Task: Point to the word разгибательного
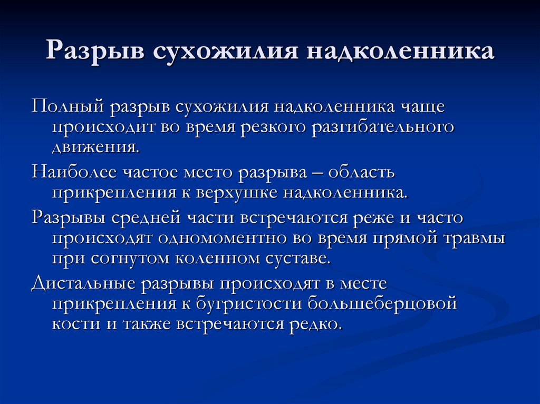tap(382, 127)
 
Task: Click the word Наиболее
tap(74, 172)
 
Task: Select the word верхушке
tap(238, 192)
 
